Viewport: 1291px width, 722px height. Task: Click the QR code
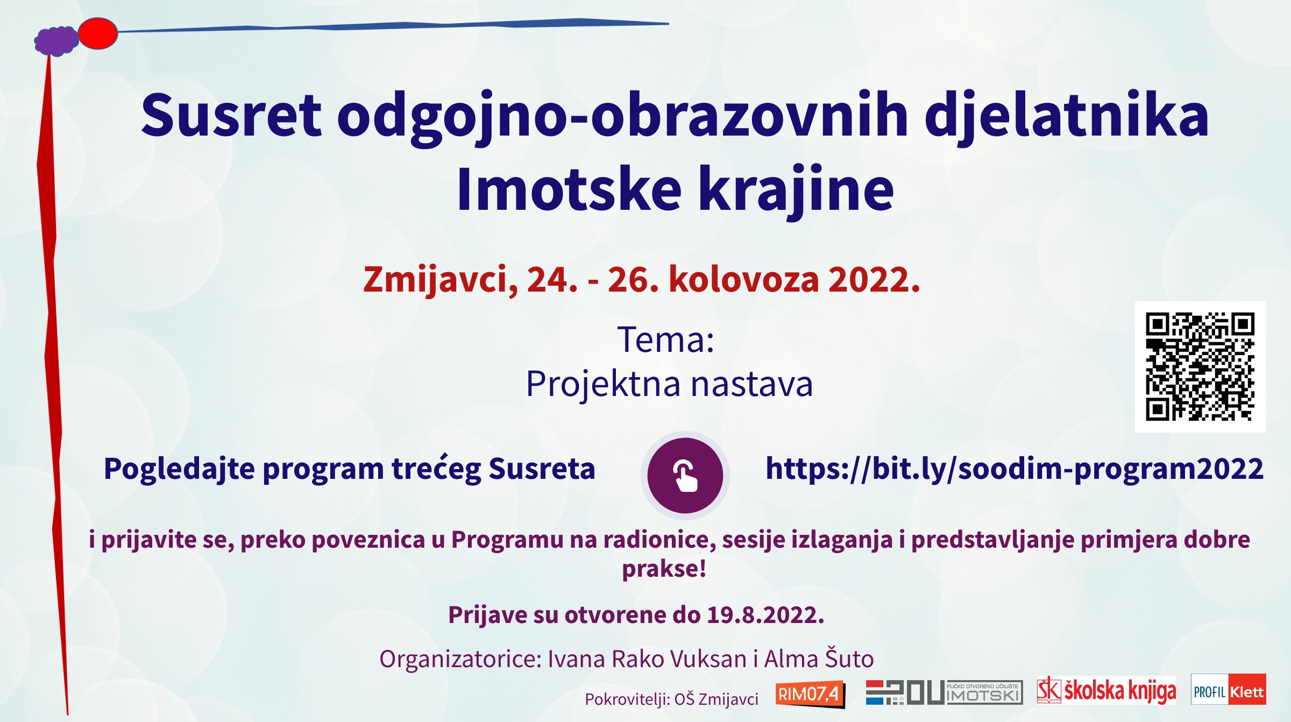click(x=1200, y=366)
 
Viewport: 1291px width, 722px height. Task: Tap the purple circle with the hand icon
click(x=685, y=475)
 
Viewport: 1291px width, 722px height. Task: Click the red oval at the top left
click(x=98, y=33)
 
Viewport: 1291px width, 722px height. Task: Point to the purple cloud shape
click(x=56, y=41)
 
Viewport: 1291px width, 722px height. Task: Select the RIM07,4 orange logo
click(x=810, y=695)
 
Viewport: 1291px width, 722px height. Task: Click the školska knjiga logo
click(x=1106, y=690)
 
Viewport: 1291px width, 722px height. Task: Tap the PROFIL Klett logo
click(x=1228, y=689)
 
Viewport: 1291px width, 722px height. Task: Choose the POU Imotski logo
click(x=944, y=692)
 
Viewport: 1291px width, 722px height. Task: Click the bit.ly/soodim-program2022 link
click(x=1014, y=469)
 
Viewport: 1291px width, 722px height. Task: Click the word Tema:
click(x=666, y=339)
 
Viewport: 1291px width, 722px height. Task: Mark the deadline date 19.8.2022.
click(x=765, y=614)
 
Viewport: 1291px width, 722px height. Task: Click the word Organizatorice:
click(x=460, y=659)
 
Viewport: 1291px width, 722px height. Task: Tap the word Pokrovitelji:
click(x=626, y=699)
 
